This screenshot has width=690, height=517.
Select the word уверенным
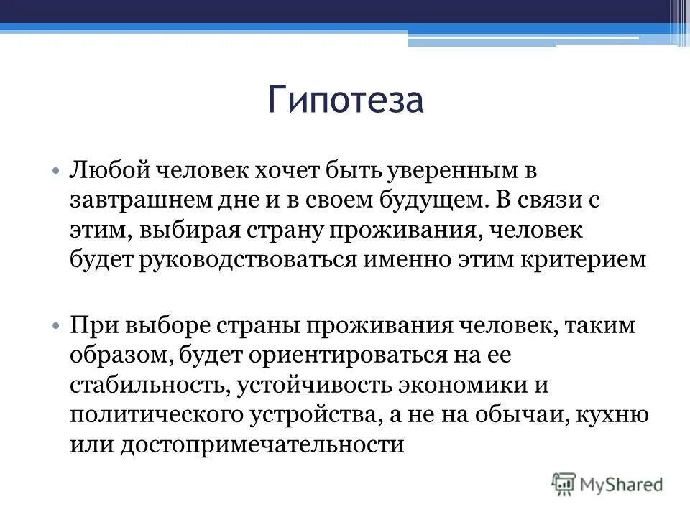[x=451, y=172]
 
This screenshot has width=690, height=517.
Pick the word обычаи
[x=527, y=414]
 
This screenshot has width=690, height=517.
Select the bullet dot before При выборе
[x=56, y=326]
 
